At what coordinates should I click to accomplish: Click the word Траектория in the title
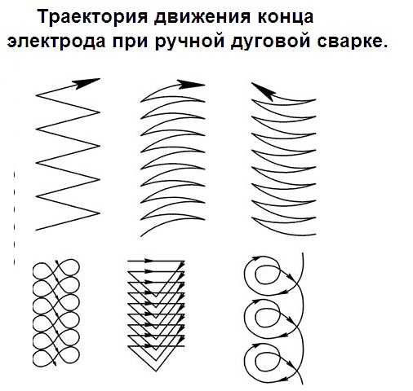click(x=92, y=17)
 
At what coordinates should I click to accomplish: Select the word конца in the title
click(x=286, y=18)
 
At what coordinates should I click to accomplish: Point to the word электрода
click(x=56, y=42)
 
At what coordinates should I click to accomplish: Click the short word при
click(x=131, y=42)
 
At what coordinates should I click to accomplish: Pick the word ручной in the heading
click(x=190, y=42)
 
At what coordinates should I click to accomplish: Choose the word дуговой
click(x=270, y=42)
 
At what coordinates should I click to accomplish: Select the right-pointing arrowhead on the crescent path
click(x=191, y=84)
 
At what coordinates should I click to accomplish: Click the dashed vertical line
click(x=14, y=218)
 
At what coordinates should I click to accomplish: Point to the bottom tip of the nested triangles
click(x=156, y=371)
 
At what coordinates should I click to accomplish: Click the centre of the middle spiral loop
click(x=267, y=318)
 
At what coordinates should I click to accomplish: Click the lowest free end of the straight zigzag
click(x=36, y=231)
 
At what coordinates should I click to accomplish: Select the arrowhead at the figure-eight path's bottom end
click(x=55, y=363)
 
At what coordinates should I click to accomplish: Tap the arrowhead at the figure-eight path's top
click(x=57, y=262)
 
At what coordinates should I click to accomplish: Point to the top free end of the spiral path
click(x=303, y=253)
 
